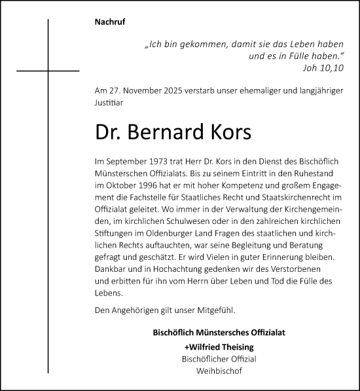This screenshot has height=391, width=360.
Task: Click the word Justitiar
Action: click(x=108, y=102)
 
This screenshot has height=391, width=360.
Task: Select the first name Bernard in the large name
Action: click(x=178, y=133)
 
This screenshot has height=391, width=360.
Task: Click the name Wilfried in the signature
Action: click(x=203, y=346)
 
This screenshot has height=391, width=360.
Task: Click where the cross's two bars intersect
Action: click(x=48, y=70)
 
